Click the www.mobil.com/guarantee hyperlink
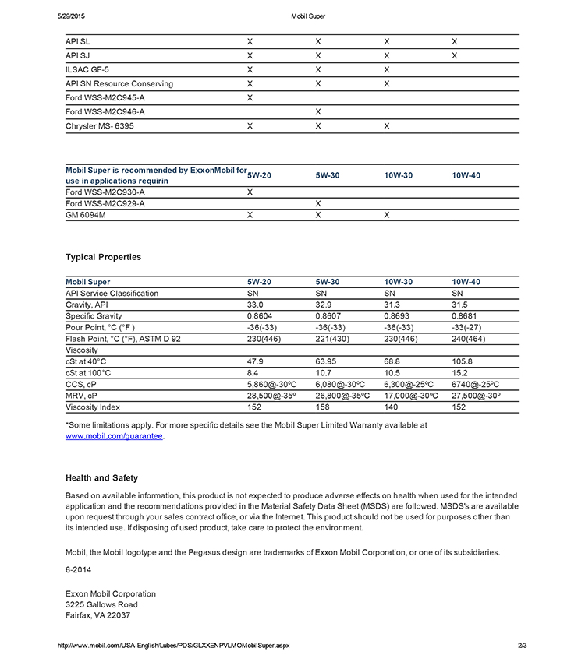[x=115, y=437]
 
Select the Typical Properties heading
[x=103, y=257]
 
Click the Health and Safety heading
[x=101, y=478]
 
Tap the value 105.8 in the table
[x=463, y=361]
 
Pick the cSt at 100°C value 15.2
[x=460, y=373]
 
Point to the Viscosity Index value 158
[x=322, y=407]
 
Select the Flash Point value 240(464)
[x=468, y=339]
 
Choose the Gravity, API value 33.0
[x=255, y=305]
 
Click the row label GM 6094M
[x=86, y=214]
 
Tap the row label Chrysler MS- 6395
[x=100, y=125]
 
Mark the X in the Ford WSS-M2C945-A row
[x=250, y=97]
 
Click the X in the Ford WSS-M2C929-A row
[x=318, y=203]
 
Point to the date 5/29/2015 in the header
[x=74, y=16]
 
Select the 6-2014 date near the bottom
[x=78, y=569]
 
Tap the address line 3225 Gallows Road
[x=101, y=604]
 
